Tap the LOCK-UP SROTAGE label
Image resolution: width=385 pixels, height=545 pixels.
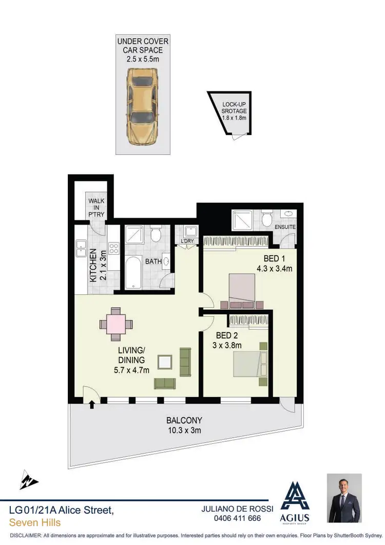tap(234, 110)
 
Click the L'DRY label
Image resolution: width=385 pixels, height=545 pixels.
tap(187, 240)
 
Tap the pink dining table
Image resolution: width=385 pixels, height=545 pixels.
tap(117, 324)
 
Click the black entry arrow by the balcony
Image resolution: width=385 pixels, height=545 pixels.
tap(92, 405)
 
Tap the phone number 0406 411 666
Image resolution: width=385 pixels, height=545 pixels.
tap(237, 518)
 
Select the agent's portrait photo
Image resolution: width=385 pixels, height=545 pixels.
tap(344, 498)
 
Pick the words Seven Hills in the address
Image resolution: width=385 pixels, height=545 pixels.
tap(35, 522)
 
